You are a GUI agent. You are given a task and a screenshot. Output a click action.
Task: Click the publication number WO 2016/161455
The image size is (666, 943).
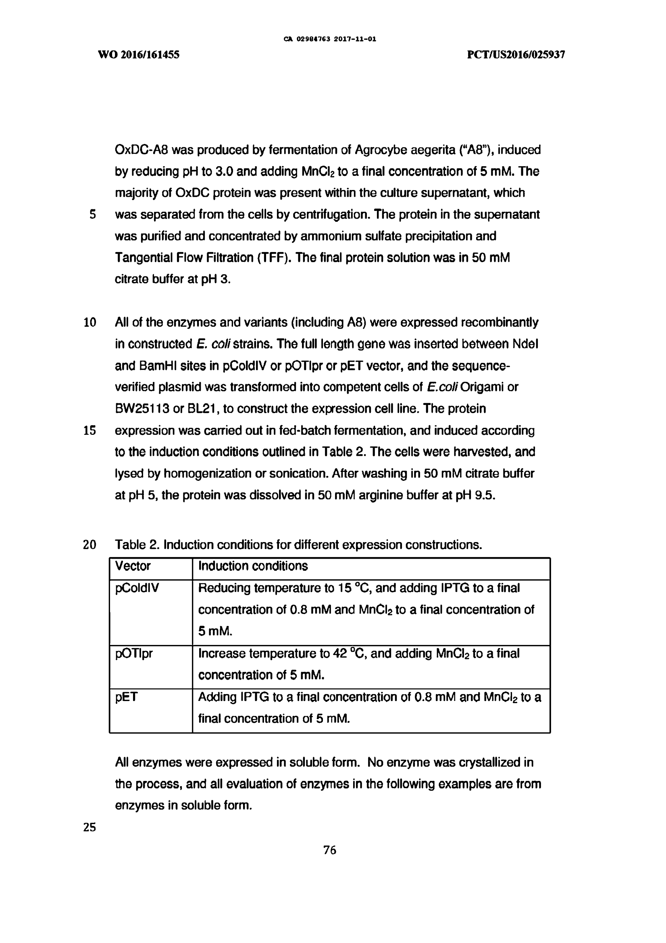click(x=139, y=54)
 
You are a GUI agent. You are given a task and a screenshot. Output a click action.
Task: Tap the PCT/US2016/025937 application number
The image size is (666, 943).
click(x=516, y=54)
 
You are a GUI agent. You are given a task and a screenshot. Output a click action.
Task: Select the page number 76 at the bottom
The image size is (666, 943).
click(x=330, y=850)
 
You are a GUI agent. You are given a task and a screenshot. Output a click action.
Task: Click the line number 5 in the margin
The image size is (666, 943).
click(x=93, y=215)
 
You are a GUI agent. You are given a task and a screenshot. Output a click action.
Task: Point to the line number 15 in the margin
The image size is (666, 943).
click(x=89, y=430)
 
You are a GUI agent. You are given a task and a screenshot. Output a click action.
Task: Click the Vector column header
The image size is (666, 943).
click(x=133, y=566)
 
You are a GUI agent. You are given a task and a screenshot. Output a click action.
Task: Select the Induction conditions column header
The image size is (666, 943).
click(x=253, y=566)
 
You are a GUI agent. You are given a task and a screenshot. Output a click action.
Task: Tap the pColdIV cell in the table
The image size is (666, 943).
click(x=137, y=588)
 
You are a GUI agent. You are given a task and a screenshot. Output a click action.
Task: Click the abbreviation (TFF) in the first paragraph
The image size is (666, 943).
click(x=272, y=258)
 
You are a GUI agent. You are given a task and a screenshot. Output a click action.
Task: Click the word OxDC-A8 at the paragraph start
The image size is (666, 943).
click(x=142, y=150)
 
